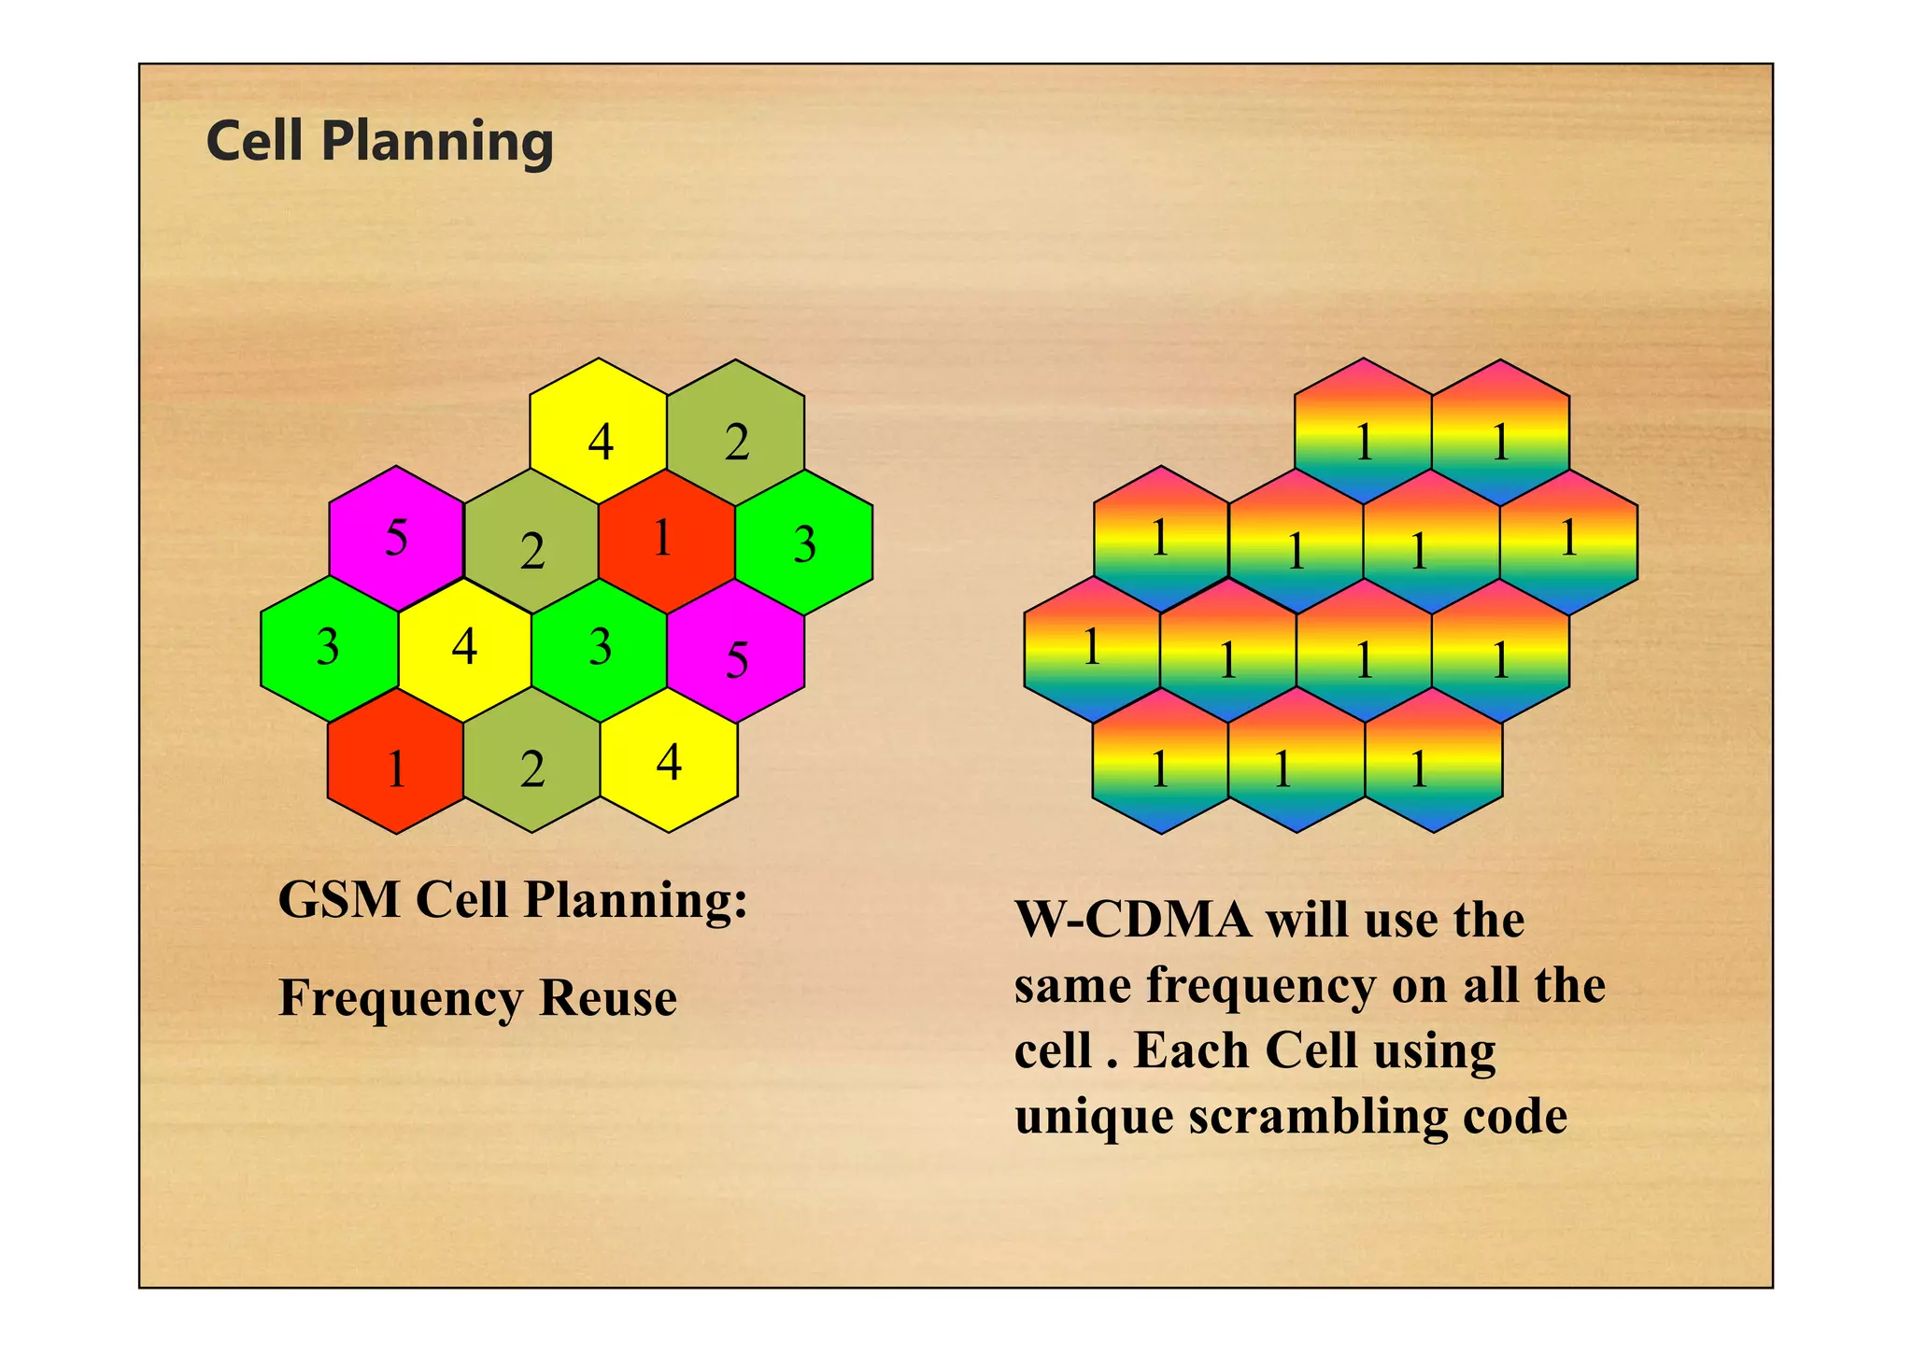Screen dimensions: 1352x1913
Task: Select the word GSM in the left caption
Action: click(339, 901)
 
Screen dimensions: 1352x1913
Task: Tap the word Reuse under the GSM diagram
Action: click(607, 998)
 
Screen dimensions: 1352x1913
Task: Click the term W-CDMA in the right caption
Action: click(1132, 921)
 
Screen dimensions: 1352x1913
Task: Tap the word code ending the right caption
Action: click(1514, 1117)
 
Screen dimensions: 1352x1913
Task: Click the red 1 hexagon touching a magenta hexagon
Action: click(666, 541)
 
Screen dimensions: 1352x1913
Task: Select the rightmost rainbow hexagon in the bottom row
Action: click(1434, 761)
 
